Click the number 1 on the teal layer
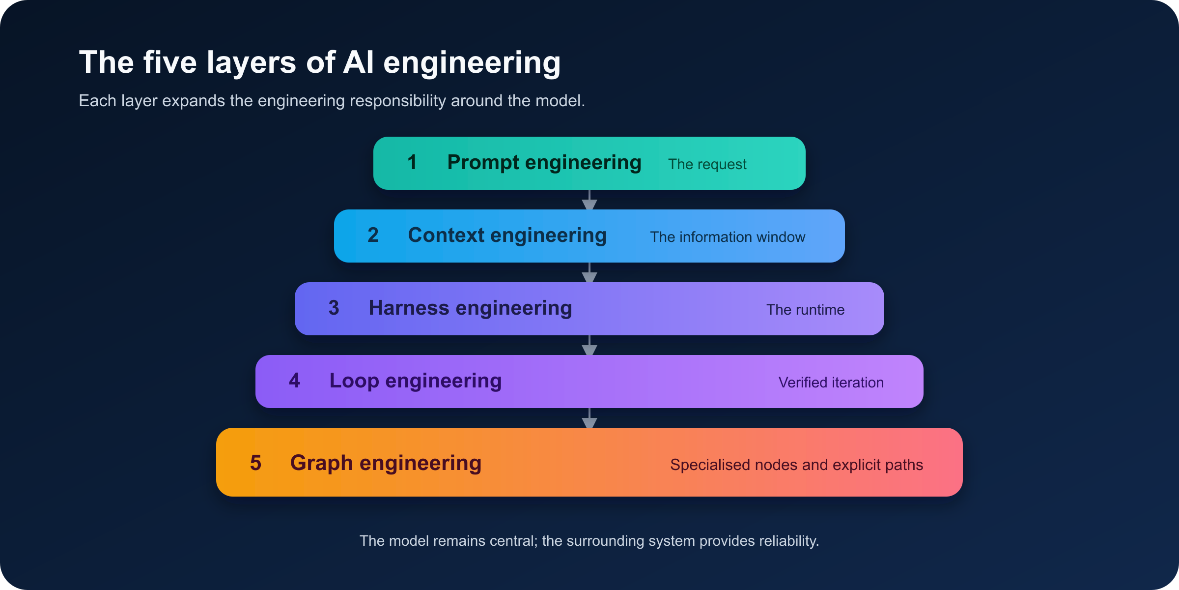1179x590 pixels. tap(412, 162)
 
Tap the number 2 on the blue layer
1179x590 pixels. tap(373, 235)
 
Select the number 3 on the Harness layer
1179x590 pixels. tap(334, 308)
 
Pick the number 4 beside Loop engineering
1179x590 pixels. tap(294, 381)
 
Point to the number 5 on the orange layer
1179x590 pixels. tap(255, 463)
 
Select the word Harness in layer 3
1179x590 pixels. tap(409, 308)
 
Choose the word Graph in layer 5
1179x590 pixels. tap(321, 464)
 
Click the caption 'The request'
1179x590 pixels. tap(707, 165)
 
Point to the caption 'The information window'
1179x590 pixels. tap(728, 237)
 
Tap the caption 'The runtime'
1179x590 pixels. tap(805, 310)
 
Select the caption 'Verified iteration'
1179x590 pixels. tap(831, 383)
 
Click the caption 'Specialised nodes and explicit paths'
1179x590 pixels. tap(796, 465)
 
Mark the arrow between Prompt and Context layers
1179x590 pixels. tap(589, 200)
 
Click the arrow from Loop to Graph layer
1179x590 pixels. tap(589, 418)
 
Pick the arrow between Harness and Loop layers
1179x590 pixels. tap(589, 345)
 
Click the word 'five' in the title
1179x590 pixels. tap(170, 62)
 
